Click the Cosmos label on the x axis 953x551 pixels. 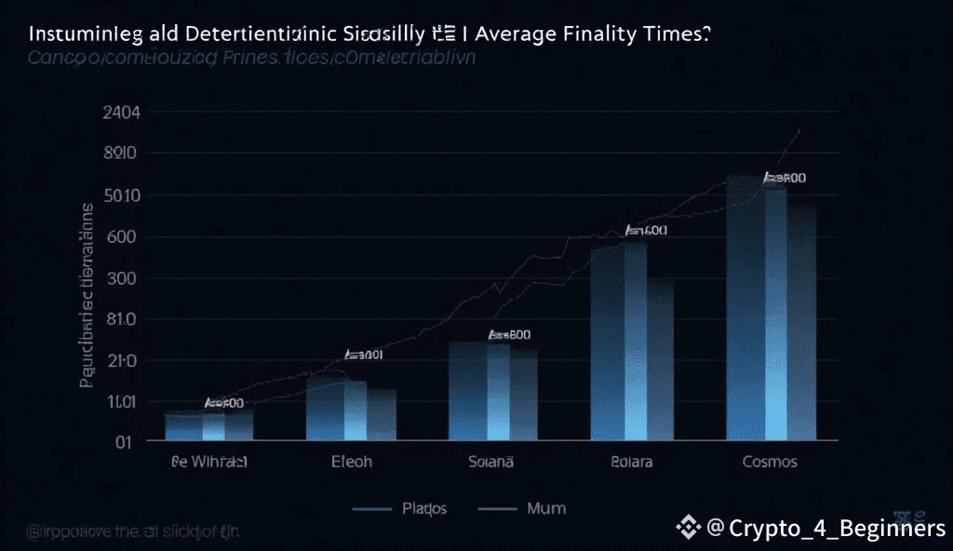770,462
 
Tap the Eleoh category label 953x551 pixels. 352,462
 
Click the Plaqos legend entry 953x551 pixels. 424,508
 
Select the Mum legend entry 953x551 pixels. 545,508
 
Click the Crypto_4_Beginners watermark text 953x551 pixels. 837,529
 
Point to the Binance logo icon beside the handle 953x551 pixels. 689,529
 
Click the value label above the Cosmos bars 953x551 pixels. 785,178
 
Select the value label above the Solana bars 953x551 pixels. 509,335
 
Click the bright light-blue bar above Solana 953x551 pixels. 498,391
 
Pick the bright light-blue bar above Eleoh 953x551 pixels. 355,410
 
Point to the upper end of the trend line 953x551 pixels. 799,130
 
